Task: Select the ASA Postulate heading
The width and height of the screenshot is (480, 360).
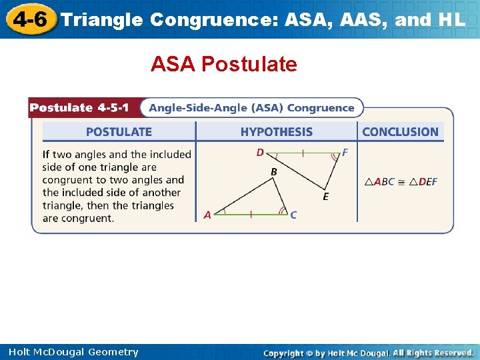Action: (223, 65)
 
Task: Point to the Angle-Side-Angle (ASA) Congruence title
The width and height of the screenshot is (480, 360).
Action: (251, 108)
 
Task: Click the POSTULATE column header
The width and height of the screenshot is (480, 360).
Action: (119, 132)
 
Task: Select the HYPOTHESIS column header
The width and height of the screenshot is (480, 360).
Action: (276, 132)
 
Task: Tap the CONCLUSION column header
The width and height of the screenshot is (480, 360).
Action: (400, 132)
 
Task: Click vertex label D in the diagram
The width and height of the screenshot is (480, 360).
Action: (260, 153)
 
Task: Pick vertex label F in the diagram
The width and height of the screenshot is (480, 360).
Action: (345, 153)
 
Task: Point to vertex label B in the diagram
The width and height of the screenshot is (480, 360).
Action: (273, 172)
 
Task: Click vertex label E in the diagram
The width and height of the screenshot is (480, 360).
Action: (325, 197)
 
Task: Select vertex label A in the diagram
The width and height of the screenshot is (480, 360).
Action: (207, 215)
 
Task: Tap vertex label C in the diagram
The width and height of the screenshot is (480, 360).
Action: (293, 215)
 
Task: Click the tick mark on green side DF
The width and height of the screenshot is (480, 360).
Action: (303, 153)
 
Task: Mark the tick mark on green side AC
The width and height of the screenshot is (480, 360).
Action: (251, 215)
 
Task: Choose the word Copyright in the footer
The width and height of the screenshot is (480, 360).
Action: (287, 353)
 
